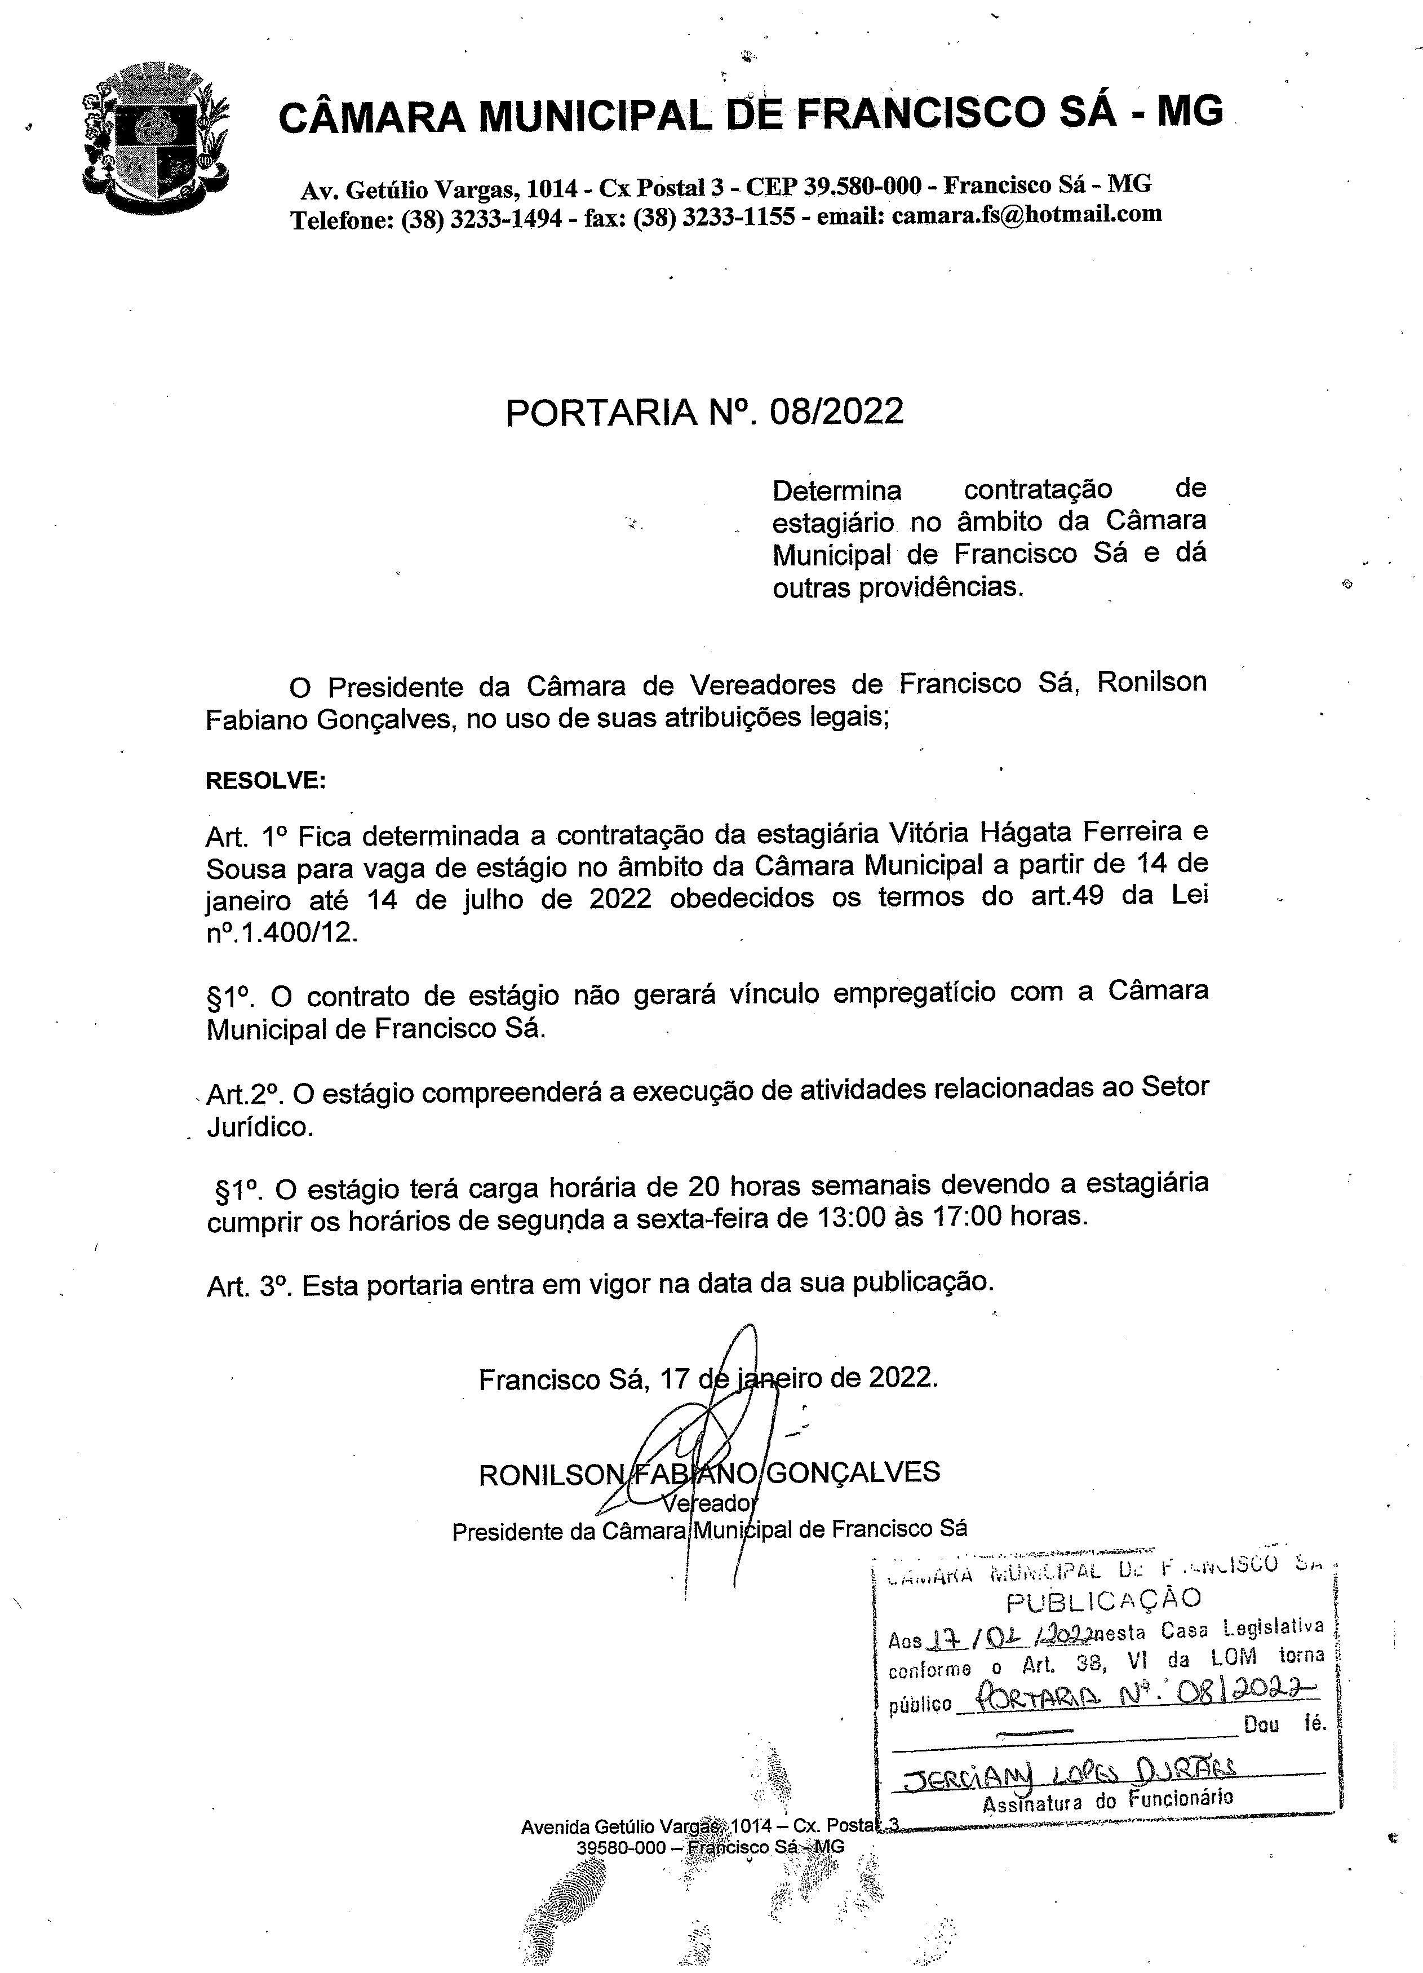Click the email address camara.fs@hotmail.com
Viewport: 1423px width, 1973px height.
coord(1026,214)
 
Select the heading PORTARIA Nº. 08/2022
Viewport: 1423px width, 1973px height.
coord(704,412)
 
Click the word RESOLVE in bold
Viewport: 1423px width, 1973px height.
coord(264,780)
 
